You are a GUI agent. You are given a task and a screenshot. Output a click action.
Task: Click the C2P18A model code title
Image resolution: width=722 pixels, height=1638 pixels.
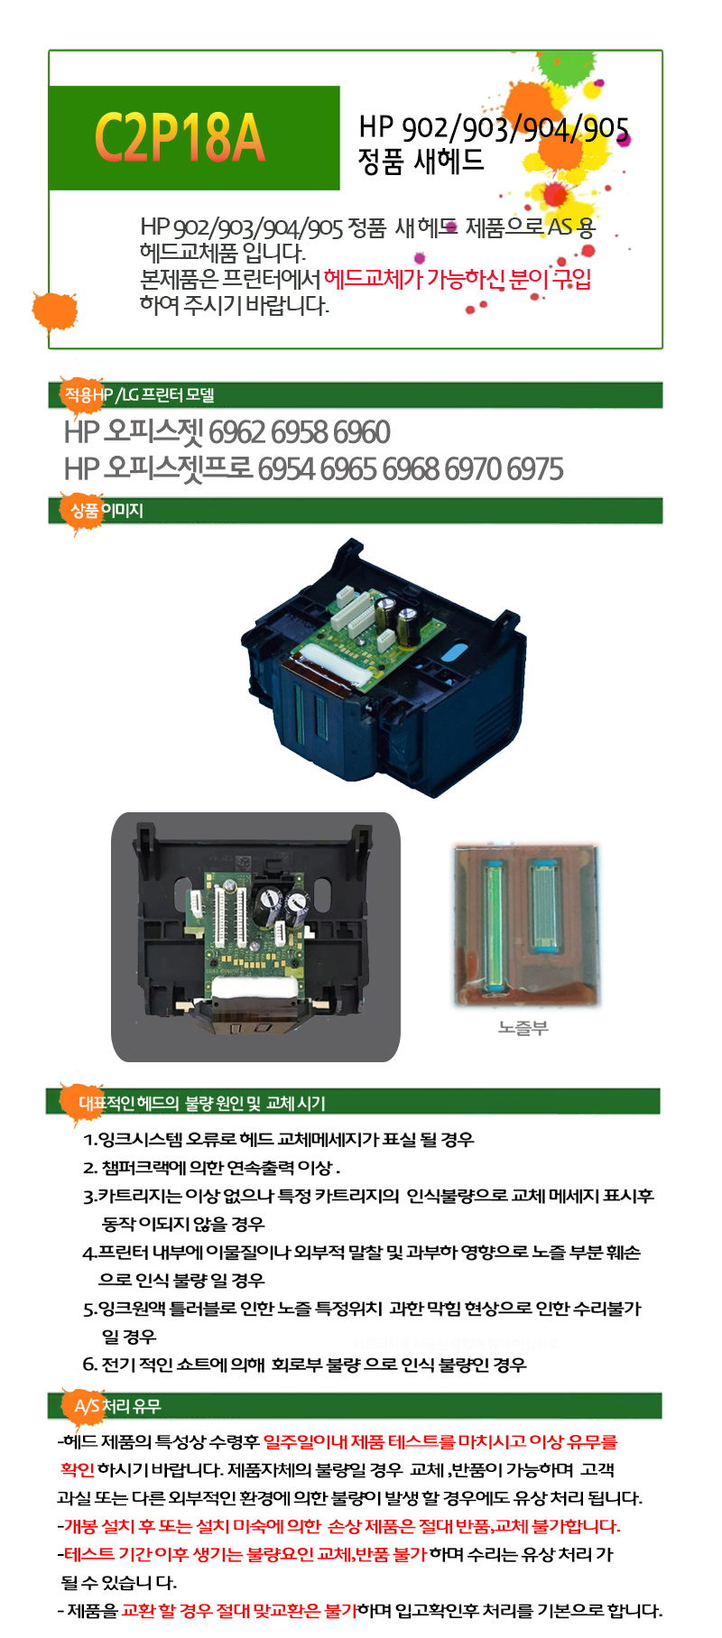pyautogui.click(x=180, y=138)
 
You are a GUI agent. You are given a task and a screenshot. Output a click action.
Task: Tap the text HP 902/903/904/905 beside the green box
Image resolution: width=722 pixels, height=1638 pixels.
pyautogui.click(x=494, y=128)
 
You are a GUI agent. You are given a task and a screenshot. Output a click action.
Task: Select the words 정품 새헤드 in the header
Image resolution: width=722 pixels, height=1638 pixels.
pyautogui.click(x=421, y=162)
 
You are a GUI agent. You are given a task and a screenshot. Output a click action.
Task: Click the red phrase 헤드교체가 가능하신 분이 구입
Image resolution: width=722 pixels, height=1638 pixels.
pyautogui.click(x=458, y=279)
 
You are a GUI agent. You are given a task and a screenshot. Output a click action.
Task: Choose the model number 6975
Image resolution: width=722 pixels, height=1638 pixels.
pyautogui.click(x=535, y=469)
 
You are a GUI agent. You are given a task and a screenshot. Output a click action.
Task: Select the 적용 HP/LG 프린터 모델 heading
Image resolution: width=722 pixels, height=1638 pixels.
pyautogui.click(x=139, y=395)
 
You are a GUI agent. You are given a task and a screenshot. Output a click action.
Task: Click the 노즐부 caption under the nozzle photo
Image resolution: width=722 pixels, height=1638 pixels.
pyautogui.click(x=523, y=1028)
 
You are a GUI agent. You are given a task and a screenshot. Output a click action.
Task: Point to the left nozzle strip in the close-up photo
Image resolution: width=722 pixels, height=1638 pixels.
pyautogui.click(x=493, y=921)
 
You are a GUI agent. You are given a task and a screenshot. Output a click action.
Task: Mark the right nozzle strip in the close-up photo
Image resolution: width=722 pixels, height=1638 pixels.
pyautogui.click(x=545, y=905)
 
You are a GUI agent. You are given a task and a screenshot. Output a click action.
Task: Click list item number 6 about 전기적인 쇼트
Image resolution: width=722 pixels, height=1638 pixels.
pyautogui.click(x=304, y=1365)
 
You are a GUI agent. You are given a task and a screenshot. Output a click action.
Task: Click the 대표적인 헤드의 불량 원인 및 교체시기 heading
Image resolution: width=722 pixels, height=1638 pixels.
pyautogui.click(x=202, y=1103)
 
